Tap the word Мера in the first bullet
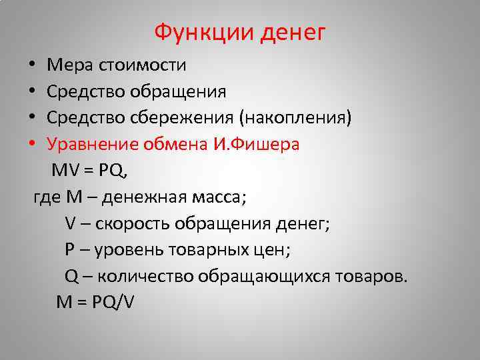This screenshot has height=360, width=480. [70, 65]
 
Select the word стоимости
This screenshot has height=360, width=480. [142, 65]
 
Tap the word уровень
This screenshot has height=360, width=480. [127, 250]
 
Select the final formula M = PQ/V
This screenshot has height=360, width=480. [95, 303]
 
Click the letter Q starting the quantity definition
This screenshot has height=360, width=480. [72, 277]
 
